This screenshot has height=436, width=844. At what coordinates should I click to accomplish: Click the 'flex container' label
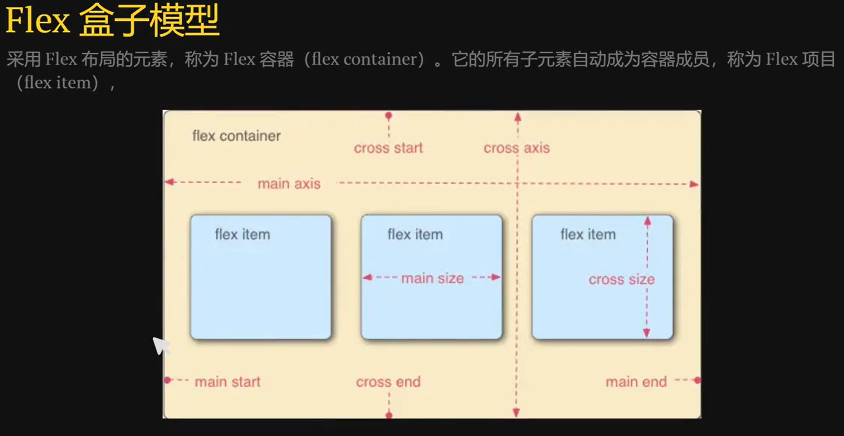tap(236, 136)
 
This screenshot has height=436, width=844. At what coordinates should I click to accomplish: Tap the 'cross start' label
tap(388, 148)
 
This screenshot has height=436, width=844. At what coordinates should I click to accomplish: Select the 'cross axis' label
tap(517, 148)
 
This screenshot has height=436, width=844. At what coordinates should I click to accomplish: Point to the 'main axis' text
tap(289, 184)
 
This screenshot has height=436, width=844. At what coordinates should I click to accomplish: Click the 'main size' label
tap(432, 278)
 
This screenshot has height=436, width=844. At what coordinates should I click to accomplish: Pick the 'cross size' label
tap(622, 279)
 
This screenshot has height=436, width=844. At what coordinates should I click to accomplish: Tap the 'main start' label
tap(227, 382)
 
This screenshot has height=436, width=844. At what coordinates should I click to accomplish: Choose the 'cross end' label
tap(388, 382)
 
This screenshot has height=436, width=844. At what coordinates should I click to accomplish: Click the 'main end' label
tap(636, 382)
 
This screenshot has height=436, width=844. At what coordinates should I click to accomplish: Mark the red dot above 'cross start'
tap(389, 115)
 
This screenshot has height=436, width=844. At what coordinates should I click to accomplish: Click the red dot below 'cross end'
tap(389, 415)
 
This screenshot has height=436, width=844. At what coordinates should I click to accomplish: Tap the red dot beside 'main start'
tap(167, 380)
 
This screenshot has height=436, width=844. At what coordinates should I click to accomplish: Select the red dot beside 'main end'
tap(698, 380)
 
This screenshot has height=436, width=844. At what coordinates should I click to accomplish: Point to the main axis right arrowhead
tap(694, 184)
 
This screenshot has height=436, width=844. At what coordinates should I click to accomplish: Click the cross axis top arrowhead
tap(518, 117)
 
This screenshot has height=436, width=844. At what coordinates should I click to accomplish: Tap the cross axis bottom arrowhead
tap(516, 412)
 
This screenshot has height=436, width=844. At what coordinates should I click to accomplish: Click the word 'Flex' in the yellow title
tap(38, 20)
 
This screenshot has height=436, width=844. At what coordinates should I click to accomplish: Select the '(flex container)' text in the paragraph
tap(364, 59)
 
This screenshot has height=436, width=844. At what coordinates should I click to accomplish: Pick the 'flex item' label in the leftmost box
tap(243, 234)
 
